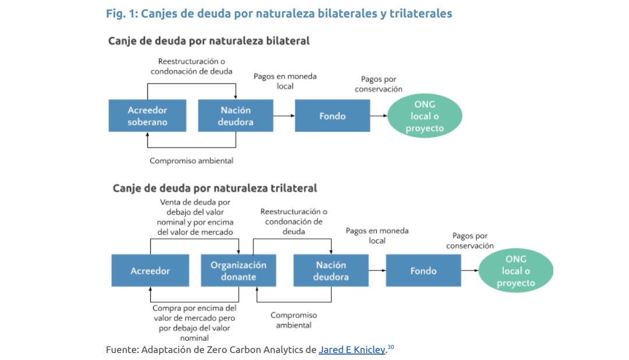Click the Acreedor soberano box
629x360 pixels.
pos(147,115)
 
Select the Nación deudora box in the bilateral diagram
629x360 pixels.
pos(235,115)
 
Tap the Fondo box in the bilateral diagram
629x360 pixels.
pos(332,115)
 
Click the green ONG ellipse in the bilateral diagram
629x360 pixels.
pos(425,115)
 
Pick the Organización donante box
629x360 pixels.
pos(238,270)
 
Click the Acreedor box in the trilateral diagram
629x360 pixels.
pos(150,270)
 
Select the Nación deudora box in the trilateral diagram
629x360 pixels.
pos(331,270)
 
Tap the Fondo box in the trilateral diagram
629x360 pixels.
pos(423,270)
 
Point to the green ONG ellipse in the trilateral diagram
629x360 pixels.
pos(516,270)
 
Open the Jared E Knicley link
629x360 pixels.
pos(352,350)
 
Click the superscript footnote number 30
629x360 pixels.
pos(391,347)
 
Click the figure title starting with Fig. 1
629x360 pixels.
pos(279,13)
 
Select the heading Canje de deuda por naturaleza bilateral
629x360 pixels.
pos(209,41)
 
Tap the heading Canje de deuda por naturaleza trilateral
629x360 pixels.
pos(214,188)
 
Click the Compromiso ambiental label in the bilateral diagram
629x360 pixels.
pos(192,161)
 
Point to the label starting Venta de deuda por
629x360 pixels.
pos(195,217)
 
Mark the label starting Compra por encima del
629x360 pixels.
pos(195,323)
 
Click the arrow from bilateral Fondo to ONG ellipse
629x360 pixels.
pos(379,115)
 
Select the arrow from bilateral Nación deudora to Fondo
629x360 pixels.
pos(284,115)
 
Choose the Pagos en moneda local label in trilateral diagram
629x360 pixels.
pos(377,235)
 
